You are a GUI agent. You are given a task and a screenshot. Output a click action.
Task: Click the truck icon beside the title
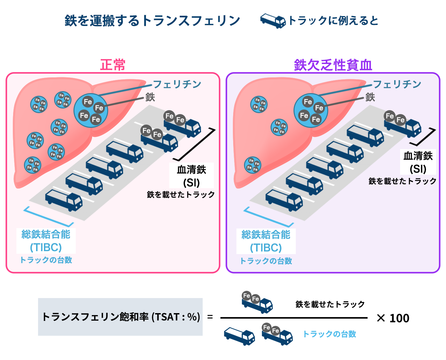pos(273,21)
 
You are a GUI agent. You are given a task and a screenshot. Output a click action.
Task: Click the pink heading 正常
pos(113,65)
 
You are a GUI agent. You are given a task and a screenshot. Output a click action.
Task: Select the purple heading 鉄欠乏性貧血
pos(333,65)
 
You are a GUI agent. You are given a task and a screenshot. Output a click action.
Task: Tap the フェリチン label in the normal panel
pos(177,84)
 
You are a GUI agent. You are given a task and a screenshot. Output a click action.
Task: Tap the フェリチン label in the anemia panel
pos(397,84)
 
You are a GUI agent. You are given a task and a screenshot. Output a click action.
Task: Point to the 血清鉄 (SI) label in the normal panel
pos(192,176)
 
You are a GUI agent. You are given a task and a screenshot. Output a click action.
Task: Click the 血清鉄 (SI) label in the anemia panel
pos(418,162)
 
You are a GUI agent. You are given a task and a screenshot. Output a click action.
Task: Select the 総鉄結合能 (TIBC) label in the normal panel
pos(46,241)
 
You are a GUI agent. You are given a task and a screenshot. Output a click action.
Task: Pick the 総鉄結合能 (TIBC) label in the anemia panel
pos(266,241)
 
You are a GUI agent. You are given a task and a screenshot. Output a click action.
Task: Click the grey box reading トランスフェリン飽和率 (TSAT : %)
pos(120,317)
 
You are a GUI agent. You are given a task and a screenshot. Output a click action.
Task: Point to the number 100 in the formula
pos(399,318)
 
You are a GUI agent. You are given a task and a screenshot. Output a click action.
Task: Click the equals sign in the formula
pos(210,317)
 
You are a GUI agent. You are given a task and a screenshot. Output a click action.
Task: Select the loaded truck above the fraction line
pos(257,302)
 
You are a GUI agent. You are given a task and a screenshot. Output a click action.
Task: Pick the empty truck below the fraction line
pos(239,336)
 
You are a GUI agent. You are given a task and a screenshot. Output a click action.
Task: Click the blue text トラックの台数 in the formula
pos(329,334)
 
